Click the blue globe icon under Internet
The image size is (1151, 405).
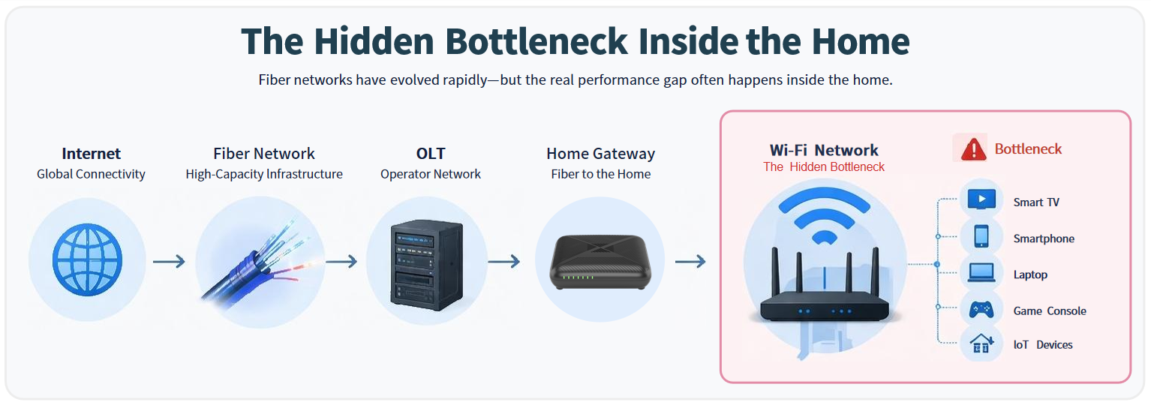pyautogui.click(x=87, y=260)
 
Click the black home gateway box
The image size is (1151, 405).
pyautogui.click(x=599, y=262)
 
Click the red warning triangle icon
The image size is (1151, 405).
pyautogui.click(x=973, y=149)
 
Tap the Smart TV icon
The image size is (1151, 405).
pyautogui.click(x=981, y=199)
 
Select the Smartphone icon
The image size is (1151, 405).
pyautogui.click(x=981, y=236)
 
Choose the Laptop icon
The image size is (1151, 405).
pyautogui.click(x=981, y=272)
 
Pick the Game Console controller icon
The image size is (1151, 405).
pyautogui.click(x=981, y=308)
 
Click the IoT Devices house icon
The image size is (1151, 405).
pyautogui.click(x=981, y=344)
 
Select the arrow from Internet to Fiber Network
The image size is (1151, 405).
pyautogui.click(x=169, y=261)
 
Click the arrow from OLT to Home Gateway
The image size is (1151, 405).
pyautogui.click(x=503, y=261)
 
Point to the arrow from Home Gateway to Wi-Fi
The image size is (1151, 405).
pyautogui.click(x=690, y=261)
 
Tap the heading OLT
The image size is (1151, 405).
pyautogui.click(x=431, y=154)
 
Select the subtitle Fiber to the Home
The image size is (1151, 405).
pyautogui.click(x=600, y=174)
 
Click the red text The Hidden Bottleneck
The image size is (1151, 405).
pyautogui.click(x=824, y=167)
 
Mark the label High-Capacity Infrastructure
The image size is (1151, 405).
pyautogui.click(x=264, y=174)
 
